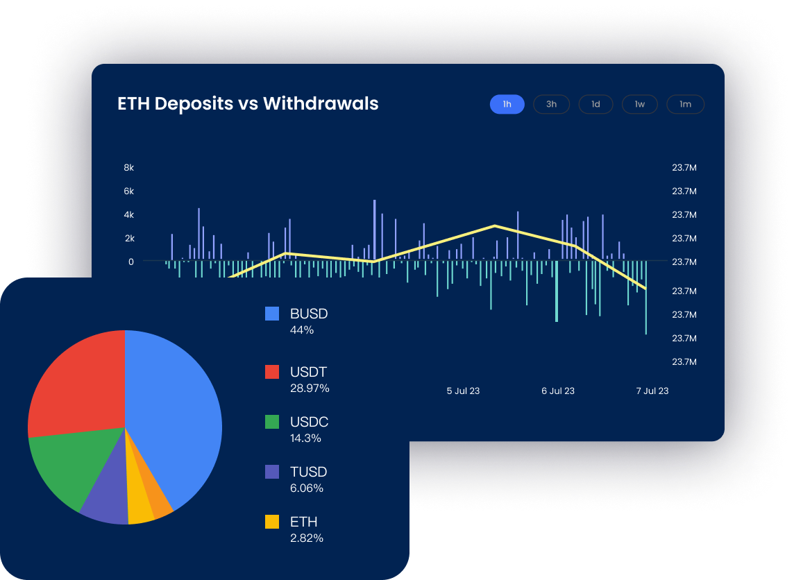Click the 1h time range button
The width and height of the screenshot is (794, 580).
tap(507, 104)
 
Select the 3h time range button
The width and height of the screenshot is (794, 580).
tap(551, 104)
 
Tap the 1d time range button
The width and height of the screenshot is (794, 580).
tap(595, 104)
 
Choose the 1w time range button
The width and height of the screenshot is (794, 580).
tap(639, 104)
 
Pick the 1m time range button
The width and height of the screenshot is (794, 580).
tap(685, 104)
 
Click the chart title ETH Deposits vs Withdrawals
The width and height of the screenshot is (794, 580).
tap(248, 103)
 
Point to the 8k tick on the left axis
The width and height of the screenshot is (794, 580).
tap(128, 168)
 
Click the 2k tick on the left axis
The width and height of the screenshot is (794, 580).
tap(129, 238)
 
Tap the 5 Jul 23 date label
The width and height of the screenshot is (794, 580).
tap(463, 391)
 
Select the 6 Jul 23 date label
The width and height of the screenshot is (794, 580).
tap(558, 391)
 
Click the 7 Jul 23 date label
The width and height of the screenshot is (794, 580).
tap(652, 391)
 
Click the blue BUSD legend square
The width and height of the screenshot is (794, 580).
tap(272, 314)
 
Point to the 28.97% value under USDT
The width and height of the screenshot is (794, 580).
tap(310, 389)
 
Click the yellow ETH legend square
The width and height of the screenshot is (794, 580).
tap(272, 522)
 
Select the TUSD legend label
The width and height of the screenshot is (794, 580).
tap(308, 472)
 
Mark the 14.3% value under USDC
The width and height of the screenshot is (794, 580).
tap(306, 438)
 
